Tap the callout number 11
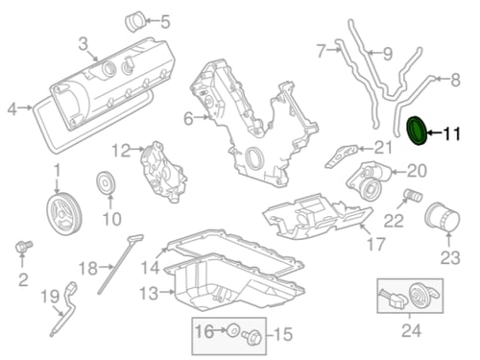click(x=451, y=133)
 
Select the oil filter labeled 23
click(x=443, y=217)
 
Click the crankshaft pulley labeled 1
click(x=64, y=213)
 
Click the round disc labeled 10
click(x=106, y=182)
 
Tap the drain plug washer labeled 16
click(x=232, y=330)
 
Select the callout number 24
click(x=411, y=330)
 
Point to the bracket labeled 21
click(x=341, y=156)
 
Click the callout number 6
click(x=188, y=119)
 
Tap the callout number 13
click(x=149, y=294)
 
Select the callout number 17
click(x=376, y=245)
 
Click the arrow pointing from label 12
click(x=137, y=149)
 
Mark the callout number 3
click(x=83, y=44)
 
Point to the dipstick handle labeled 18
click(x=136, y=238)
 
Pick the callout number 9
click(x=388, y=54)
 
